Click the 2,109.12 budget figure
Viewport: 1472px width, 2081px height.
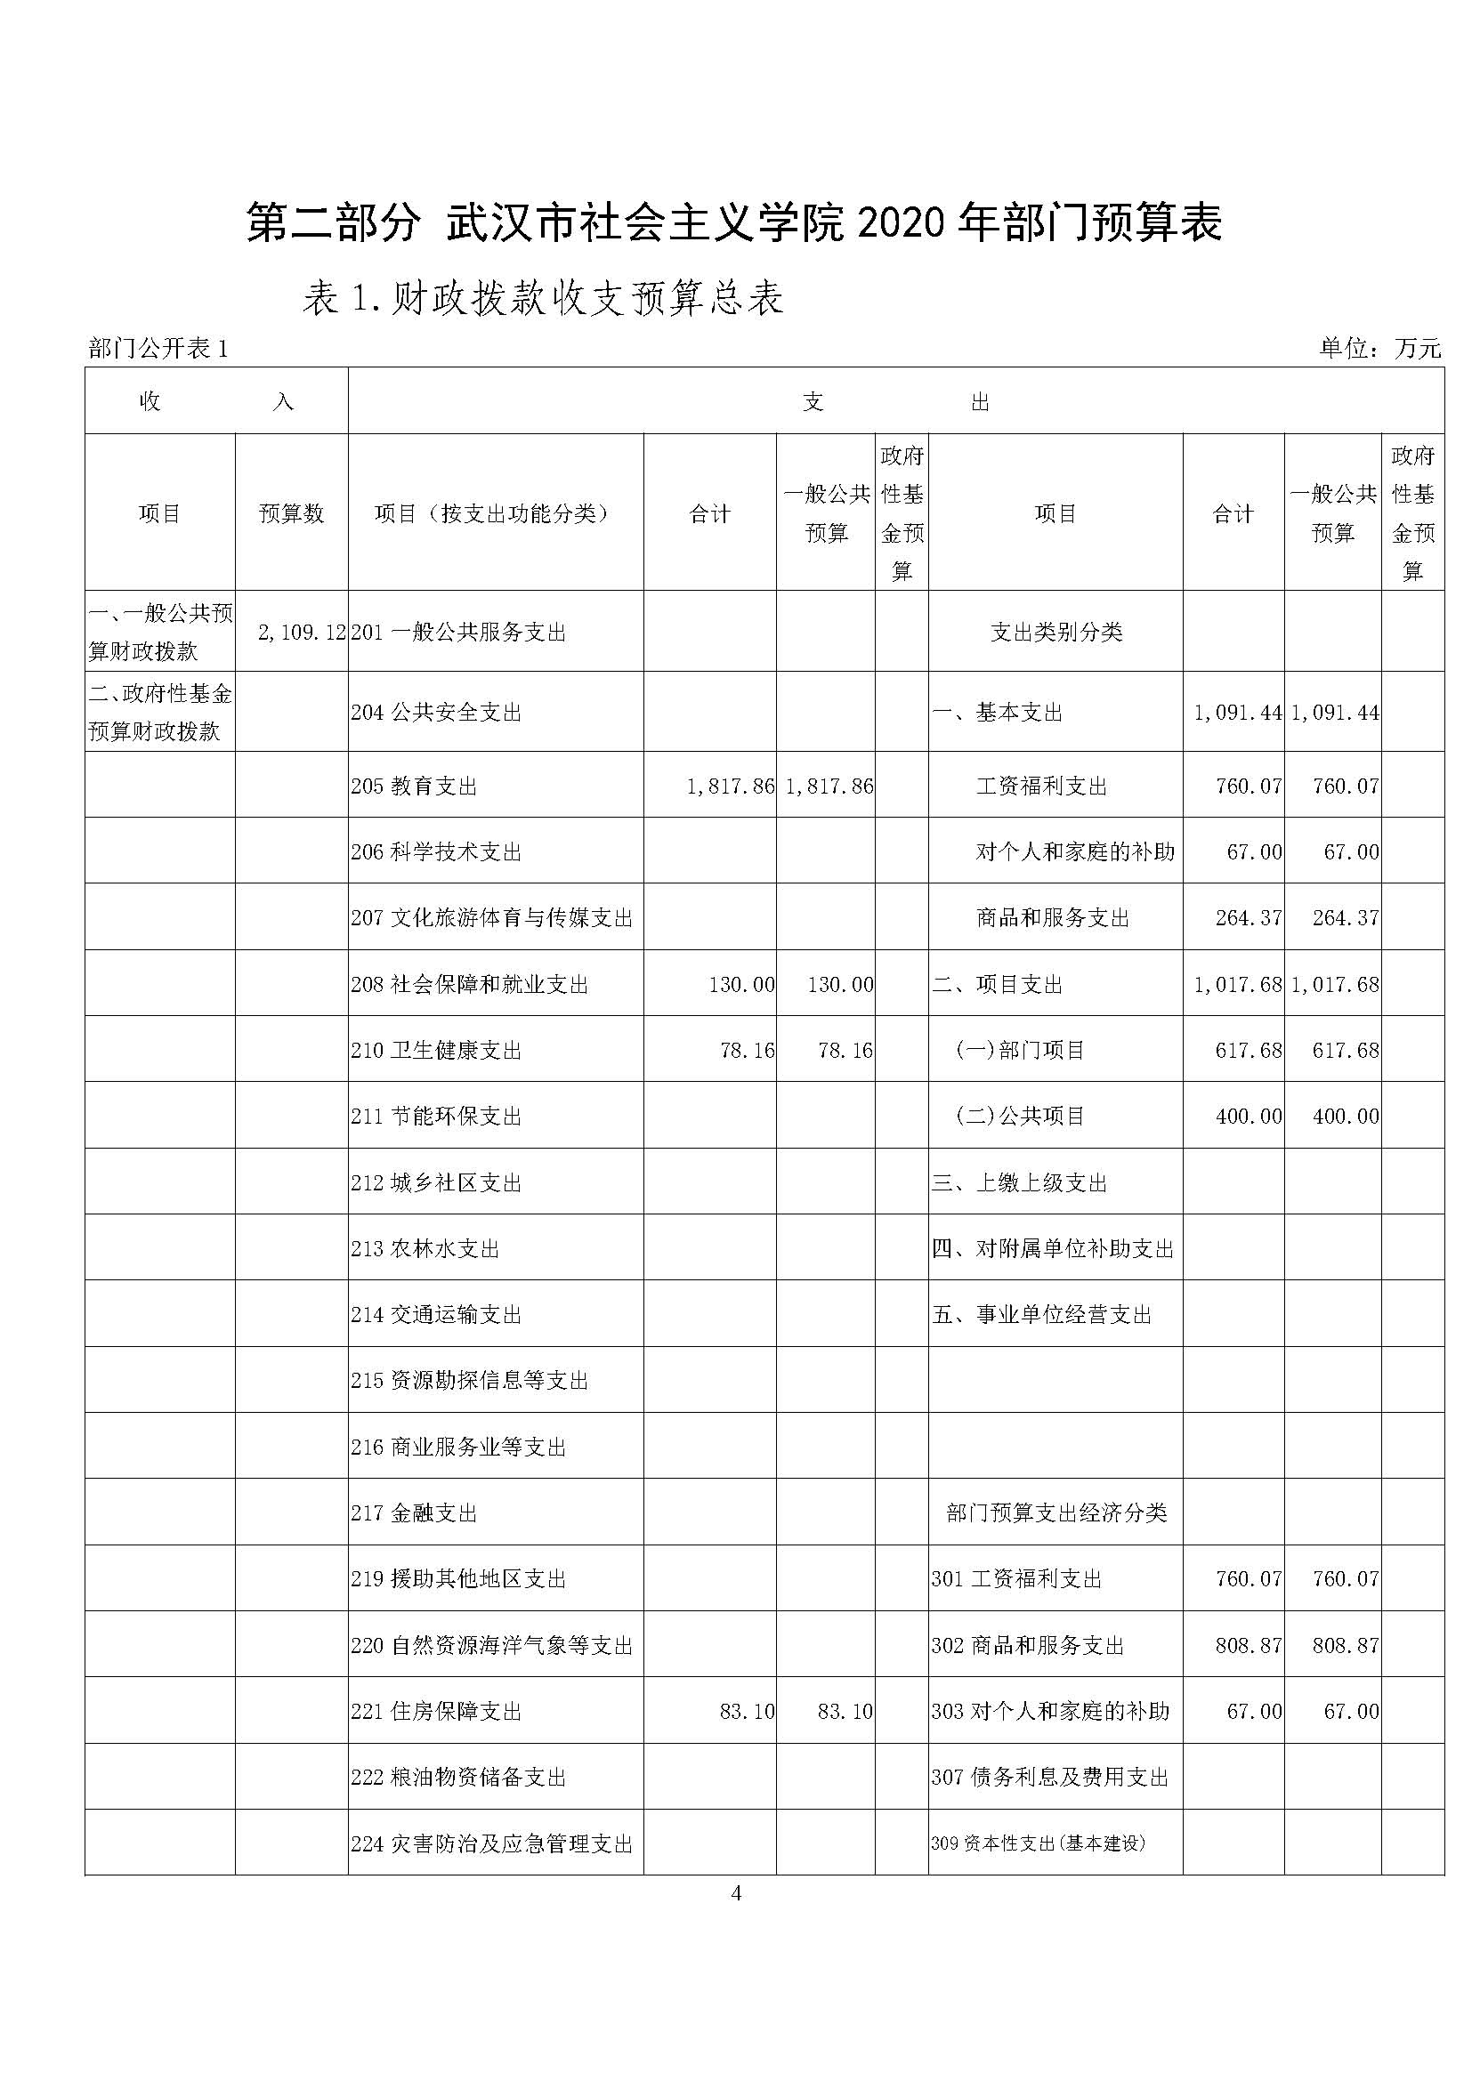[x=302, y=633]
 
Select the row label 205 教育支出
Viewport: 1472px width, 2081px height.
[x=414, y=786]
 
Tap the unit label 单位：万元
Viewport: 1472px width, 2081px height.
[x=1379, y=348]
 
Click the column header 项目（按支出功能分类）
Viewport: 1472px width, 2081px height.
[x=494, y=514]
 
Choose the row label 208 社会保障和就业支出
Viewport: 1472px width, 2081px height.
[x=470, y=984]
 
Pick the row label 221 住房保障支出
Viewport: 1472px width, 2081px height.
[x=437, y=1711]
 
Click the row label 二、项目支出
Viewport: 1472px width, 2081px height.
[x=997, y=984]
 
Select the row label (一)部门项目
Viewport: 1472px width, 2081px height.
[x=1020, y=1051]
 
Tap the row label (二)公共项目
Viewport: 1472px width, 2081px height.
[x=1020, y=1116]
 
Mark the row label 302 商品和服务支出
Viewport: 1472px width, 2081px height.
[x=1028, y=1646]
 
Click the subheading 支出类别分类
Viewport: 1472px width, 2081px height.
[x=1056, y=633]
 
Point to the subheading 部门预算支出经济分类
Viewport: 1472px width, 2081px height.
[x=1056, y=1512]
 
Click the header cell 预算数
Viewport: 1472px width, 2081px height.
[x=291, y=514]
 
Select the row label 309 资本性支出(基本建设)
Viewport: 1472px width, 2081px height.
[x=1039, y=1843]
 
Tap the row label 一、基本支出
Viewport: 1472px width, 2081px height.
[x=997, y=713]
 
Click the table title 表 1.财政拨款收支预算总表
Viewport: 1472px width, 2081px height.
[x=543, y=299]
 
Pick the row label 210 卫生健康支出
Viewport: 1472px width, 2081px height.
[x=437, y=1051]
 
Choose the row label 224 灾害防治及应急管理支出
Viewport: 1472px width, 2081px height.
[x=492, y=1843]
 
